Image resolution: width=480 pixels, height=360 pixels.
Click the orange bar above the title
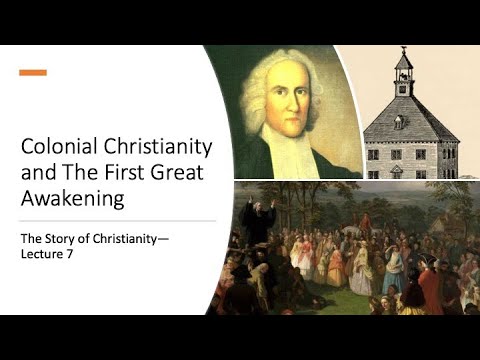click(x=32, y=72)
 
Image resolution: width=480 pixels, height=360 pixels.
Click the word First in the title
click(x=121, y=173)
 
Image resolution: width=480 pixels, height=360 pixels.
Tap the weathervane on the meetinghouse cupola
click(x=404, y=51)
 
